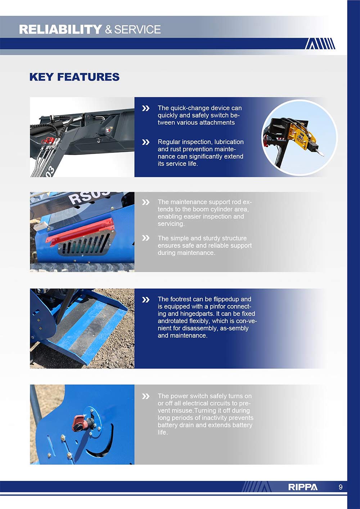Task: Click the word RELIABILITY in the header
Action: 60,30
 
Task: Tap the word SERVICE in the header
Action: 137,30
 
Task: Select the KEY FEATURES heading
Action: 74,77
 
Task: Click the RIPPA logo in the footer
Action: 302,487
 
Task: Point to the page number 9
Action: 341,487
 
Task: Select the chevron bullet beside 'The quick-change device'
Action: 145,108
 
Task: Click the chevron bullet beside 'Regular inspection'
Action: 145,142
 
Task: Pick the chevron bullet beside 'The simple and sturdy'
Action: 145,238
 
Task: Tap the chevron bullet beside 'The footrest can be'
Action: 145,299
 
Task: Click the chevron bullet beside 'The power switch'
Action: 145,396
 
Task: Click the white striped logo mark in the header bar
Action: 320,44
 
